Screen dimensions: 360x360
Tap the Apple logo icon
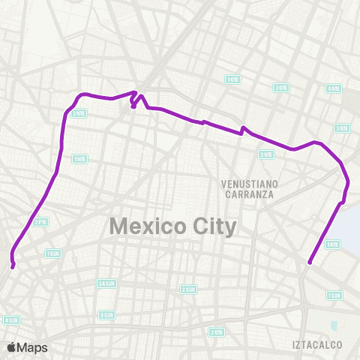point(12,346)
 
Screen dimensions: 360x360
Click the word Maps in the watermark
point(33,347)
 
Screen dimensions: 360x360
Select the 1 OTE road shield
point(232,79)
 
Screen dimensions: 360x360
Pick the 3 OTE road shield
point(281,88)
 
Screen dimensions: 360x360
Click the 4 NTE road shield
point(334,88)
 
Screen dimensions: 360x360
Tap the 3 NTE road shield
point(342,127)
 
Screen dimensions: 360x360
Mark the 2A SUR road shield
point(106,283)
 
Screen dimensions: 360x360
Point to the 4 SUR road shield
point(10,320)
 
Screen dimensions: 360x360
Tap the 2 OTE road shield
point(217,331)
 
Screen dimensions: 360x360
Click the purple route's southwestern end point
point(13,265)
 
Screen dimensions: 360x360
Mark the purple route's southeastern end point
point(309,262)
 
